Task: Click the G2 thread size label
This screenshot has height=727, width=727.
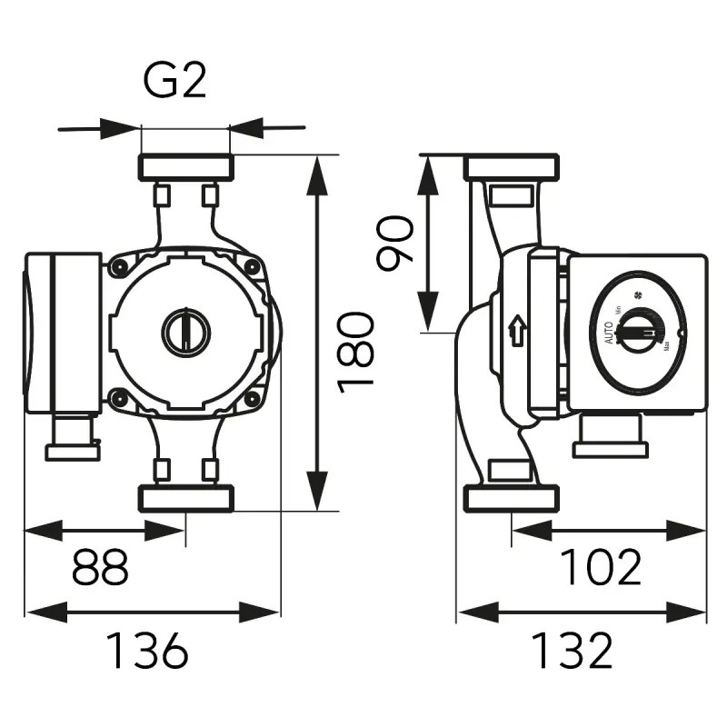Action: pyautogui.click(x=175, y=82)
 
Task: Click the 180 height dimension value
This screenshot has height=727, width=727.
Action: pyautogui.click(x=356, y=351)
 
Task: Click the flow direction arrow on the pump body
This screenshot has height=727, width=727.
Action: pyautogui.click(x=518, y=330)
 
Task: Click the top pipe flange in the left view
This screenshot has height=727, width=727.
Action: pyautogui.click(x=185, y=166)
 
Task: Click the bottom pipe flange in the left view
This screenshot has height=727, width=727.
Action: pyautogui.click(x=185, y=497)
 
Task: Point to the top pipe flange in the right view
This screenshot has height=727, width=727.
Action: pyautogui.click(x=510, y=167)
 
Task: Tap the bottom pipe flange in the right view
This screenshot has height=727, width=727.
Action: pyautogui.click(x=510, y=497)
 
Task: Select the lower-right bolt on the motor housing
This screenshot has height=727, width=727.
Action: pyautogui.click(x=252, y=395)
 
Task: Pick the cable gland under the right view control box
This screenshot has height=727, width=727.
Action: pyautogui.click(x=610, y=436)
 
